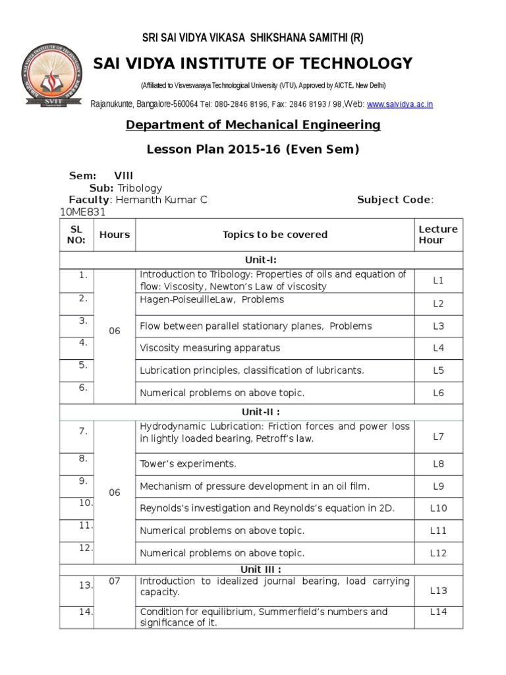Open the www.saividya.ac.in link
point(400,104)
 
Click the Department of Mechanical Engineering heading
point(253,125)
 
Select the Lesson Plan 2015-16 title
point(253,149)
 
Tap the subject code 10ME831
point(82,212)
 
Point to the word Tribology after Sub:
point(140,188)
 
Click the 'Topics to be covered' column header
point(275,235)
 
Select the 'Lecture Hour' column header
point(437,235)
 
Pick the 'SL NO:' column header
point(76,235)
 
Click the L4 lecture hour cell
point(438,348)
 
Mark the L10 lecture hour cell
point(438,508)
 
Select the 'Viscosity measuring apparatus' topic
point(210,348)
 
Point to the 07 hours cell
point(115,581)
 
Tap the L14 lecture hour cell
point(438,612)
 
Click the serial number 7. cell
point(83,431)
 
